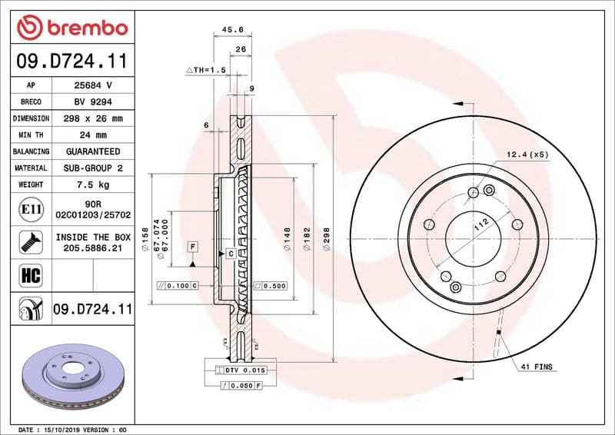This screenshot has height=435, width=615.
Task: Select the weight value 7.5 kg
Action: [x=93, y=184]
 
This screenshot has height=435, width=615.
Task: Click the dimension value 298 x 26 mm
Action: [x=93, y=118]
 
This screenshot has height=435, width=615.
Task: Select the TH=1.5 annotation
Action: [x=207, y=70]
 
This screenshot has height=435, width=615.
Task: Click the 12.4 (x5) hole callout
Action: [x=527, y=154]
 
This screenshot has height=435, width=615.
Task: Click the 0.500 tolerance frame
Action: [x=270, y=286]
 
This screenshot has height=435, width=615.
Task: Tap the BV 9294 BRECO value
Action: [x=93, y=101]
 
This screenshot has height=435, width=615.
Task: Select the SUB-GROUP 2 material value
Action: [x=93, y=168]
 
